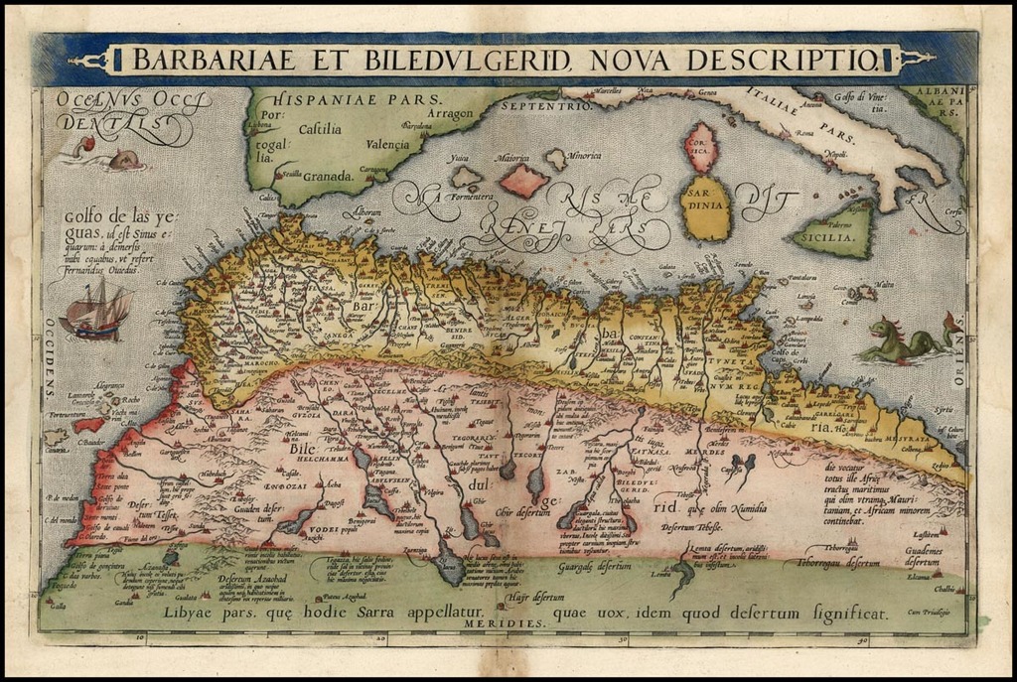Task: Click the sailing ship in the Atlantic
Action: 96,310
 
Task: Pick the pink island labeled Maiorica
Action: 523,180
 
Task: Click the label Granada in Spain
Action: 329,176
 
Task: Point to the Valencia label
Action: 387,144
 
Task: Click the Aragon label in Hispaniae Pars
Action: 452,114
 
